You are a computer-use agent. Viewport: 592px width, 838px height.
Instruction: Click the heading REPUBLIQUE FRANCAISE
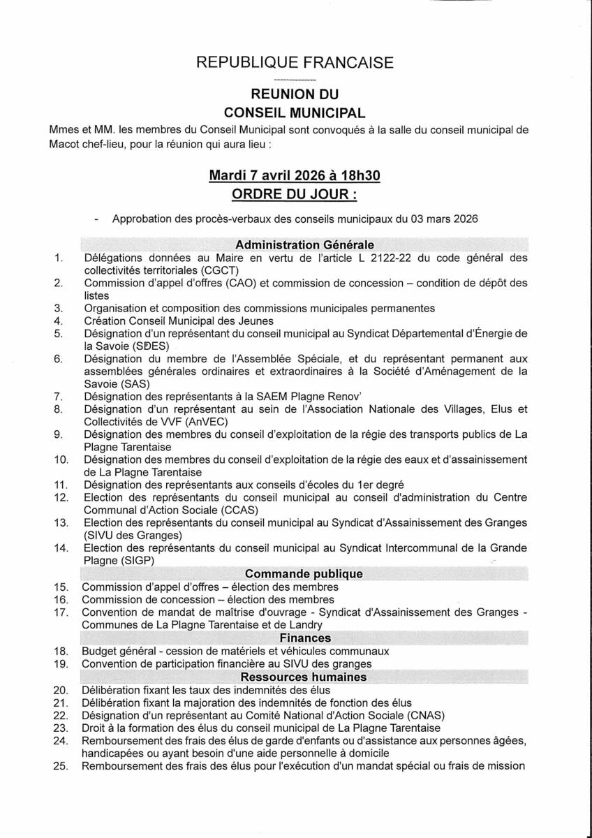click(295, 63)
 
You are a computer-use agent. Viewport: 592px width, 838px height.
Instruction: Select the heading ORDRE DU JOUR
click(295, 193)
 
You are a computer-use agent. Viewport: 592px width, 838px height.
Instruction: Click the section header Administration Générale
click(304, 245)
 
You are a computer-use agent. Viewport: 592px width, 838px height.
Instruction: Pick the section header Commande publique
click(304, 574)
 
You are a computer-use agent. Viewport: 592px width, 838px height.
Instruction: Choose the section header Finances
click(305, 638)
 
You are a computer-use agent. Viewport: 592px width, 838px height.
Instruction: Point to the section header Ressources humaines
click(304, 677)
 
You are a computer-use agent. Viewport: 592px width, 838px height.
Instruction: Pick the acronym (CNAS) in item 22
click(422, 715)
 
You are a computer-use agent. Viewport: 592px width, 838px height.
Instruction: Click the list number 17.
click(61, 612)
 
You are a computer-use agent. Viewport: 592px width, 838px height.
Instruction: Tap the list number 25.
click(61, 766)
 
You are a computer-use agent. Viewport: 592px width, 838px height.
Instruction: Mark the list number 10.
click(61, 460)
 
